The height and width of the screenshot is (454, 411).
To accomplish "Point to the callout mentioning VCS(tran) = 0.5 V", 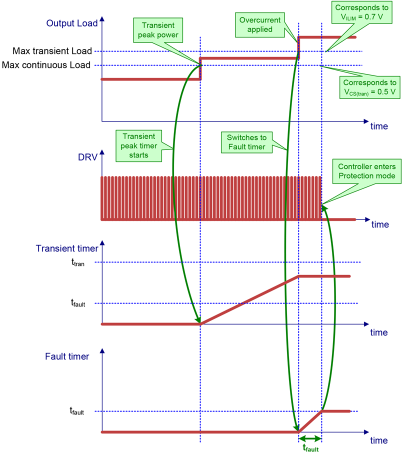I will point(370,87).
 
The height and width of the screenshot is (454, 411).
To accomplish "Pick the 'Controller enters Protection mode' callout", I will point(366,171).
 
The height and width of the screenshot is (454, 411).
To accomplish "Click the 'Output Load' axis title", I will point(68,23).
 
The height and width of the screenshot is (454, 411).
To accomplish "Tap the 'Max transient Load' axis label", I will point(52,51).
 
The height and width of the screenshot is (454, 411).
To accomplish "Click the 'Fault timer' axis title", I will point(67,356).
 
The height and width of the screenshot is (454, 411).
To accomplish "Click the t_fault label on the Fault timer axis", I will point(76,411).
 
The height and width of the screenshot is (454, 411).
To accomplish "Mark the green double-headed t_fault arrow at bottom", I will point(310,438).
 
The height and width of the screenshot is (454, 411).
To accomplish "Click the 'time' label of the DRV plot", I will point(379,224).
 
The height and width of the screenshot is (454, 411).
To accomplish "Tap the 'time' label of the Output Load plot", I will point(378,126).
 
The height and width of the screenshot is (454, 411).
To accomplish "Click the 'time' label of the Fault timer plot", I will point(378,440).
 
